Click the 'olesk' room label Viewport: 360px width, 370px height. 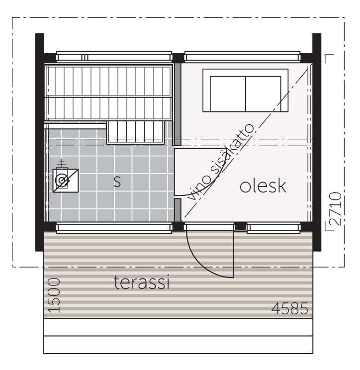[x=263, y=186]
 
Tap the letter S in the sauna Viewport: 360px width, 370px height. [x=117, y=182]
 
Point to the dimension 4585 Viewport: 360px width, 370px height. [x=290, y=308]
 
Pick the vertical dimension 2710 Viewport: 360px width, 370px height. [x=335, y=208]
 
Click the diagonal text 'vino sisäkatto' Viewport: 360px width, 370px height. [x=221, y=162]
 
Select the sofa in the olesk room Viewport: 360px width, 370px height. [x=245, y=90]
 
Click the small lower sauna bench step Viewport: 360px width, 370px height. [x=135, y=132]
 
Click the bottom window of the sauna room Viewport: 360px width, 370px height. [x=114, y=228]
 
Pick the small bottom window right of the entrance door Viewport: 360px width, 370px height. [x=273, y=228]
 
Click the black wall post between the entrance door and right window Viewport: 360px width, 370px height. [x=241, y=226]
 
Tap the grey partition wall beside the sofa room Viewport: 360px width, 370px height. [x=177, y=104]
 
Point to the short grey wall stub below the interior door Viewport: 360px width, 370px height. [x=178, y=210]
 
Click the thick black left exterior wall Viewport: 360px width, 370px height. [x=40, y=142]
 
